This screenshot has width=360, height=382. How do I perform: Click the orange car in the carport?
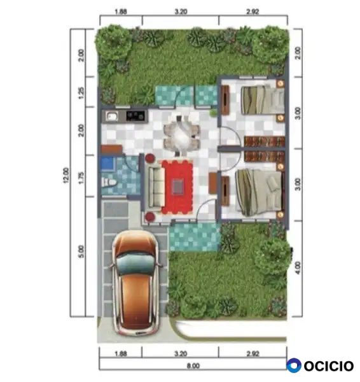click(135, 283)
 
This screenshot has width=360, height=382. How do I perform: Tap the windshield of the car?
click(135, 264)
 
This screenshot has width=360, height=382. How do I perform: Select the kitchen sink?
click(112, 117)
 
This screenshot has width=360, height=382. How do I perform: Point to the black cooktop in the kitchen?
click(135, 116)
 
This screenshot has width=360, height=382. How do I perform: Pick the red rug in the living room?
click(177, 187)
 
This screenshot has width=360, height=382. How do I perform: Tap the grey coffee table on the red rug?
click(178, 187)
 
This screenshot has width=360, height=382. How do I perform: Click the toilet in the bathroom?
click(109, 182)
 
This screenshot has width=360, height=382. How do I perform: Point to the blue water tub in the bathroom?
click(107, 164)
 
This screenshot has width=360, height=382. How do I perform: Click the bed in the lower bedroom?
click(259, 192)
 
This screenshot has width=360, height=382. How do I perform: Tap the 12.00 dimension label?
click(66, 175)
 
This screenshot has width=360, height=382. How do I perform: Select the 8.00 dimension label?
click(193, 365)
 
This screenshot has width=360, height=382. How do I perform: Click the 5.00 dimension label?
click(81, 251)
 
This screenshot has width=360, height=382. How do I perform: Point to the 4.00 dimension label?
click(298, 268)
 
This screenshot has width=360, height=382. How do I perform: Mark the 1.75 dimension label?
click(81, 178)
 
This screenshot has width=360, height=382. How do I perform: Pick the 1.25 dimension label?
click(81, 93)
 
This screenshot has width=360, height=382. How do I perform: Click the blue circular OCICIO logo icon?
click(294, 365)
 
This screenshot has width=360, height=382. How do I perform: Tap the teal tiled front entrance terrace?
click(195, 237)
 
